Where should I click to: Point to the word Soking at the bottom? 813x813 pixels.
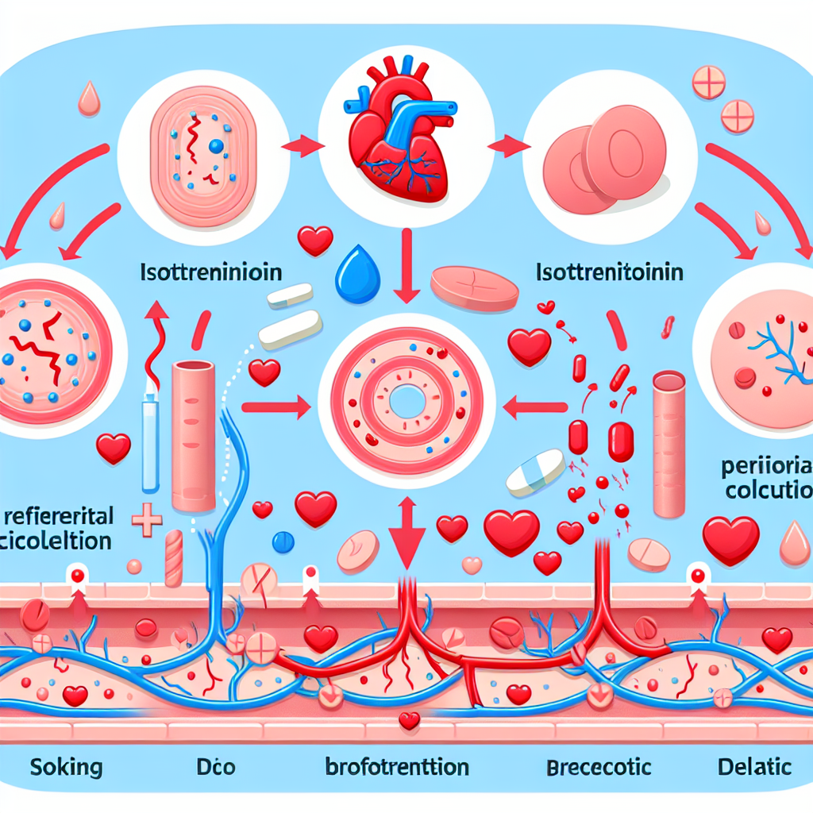coord(67,767)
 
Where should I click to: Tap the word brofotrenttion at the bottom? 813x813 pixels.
coord(397,768)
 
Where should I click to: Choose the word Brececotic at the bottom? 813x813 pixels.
coord(599,767)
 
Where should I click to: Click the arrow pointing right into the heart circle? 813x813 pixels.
coord(305,145)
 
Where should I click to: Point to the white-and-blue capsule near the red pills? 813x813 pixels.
coord(535,472)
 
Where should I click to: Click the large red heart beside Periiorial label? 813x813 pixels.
coord(730,539)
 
